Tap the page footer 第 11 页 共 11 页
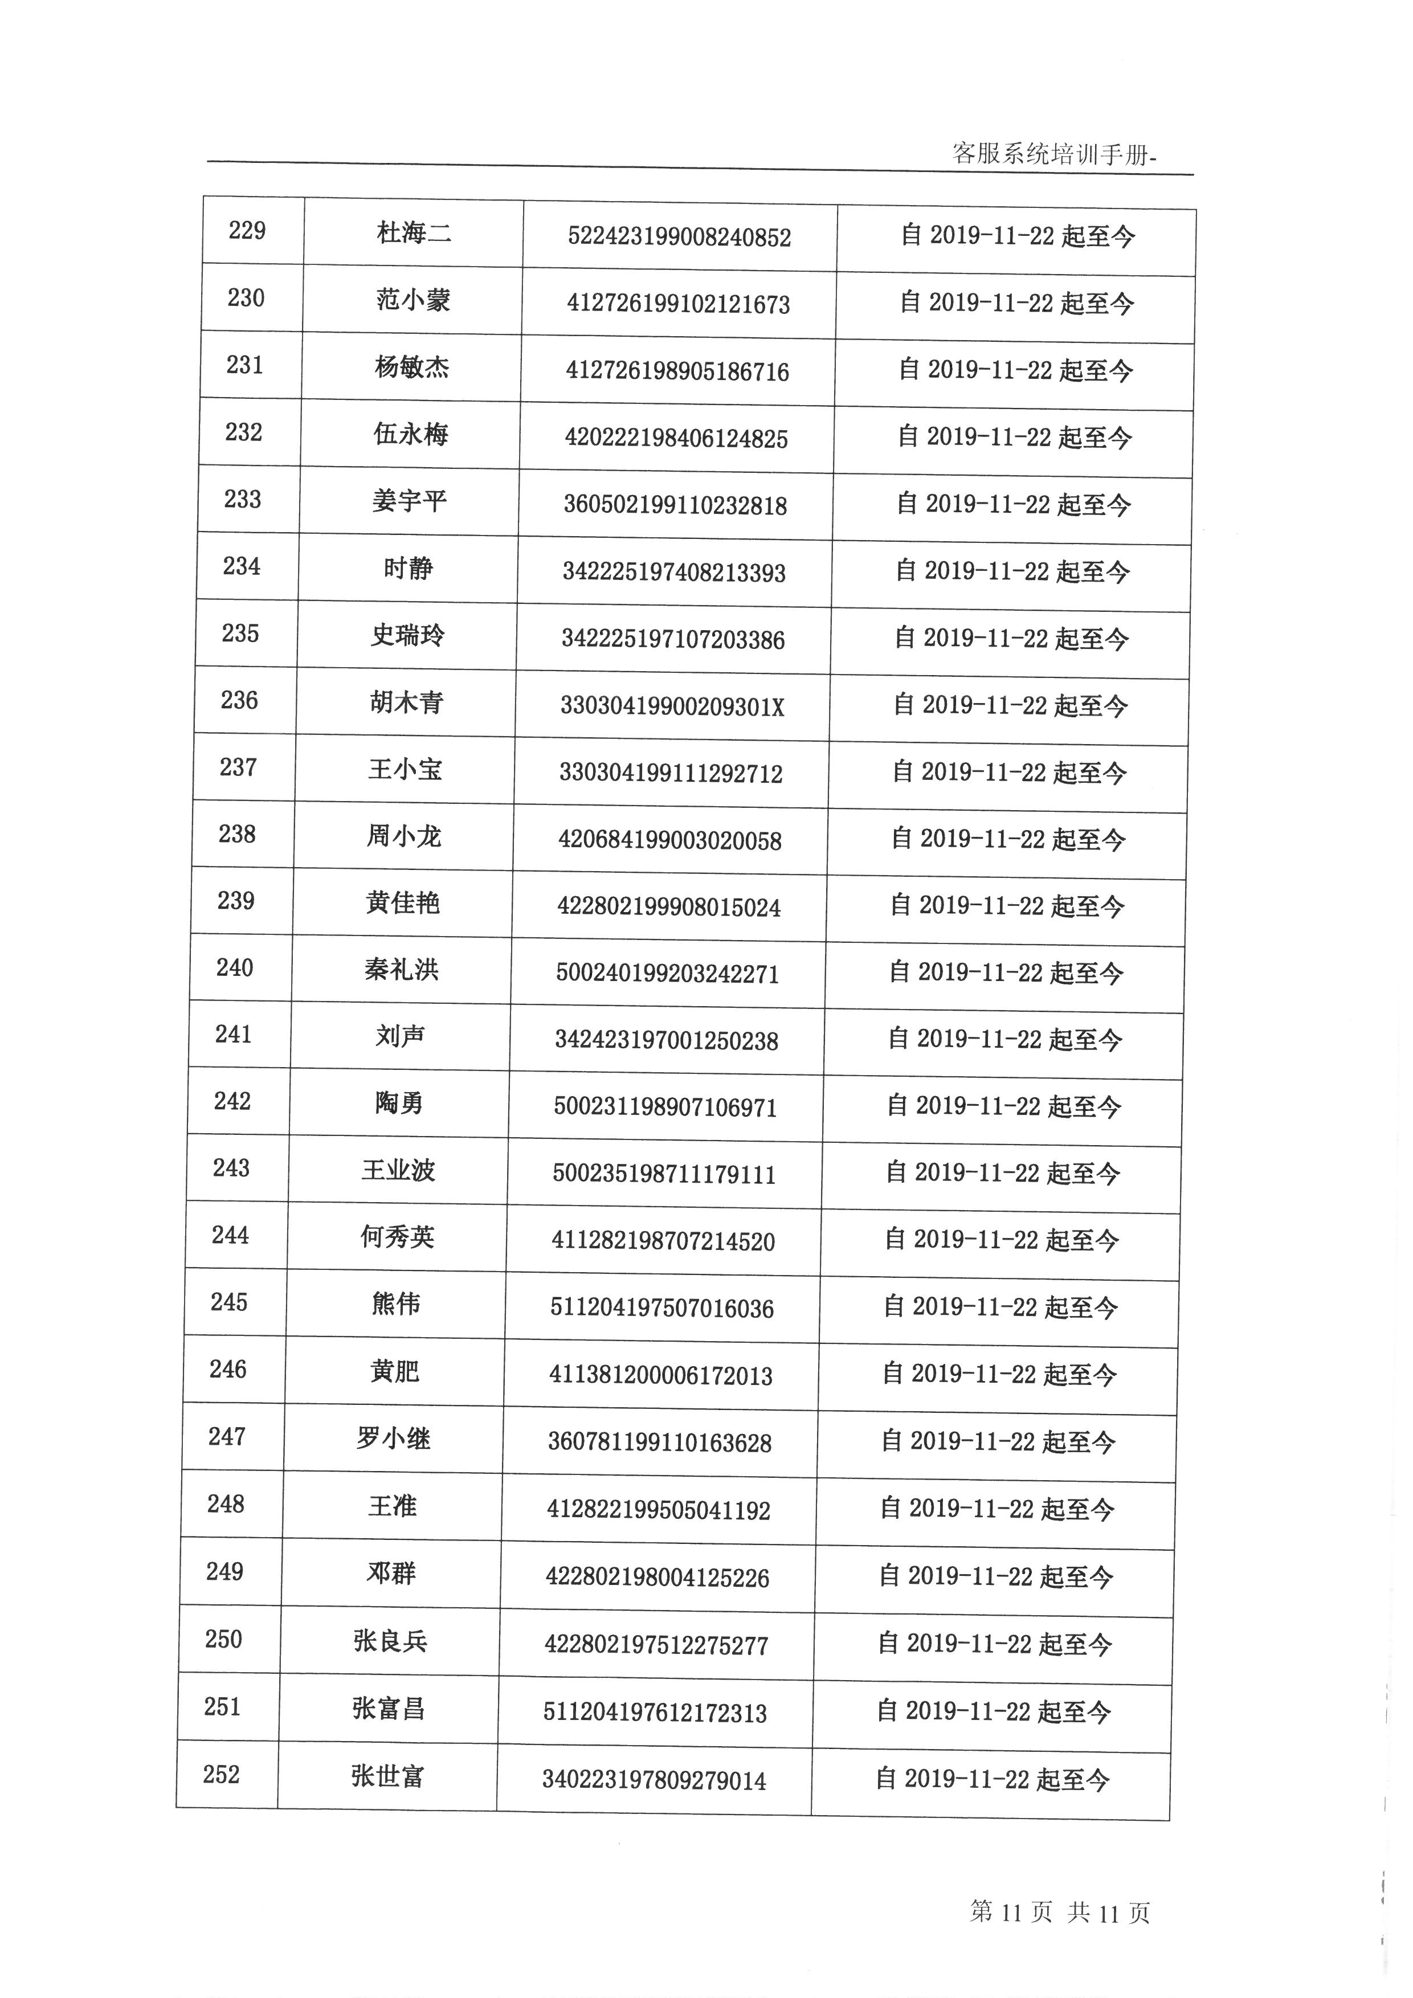[x=1060, y=1912]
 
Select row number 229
[x=247, y=231]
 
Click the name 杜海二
[x=414, y=233]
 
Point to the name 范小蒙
[x=413, y=300]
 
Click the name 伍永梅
[x=411, y=434]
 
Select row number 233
[x=243, y=500]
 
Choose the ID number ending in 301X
[x=672, y=706]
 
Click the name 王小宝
[x=406, y=769]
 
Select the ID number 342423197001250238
[x=667, y=1041]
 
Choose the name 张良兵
[x=391, y=1641]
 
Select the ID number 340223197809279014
[x=654, y=1780]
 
